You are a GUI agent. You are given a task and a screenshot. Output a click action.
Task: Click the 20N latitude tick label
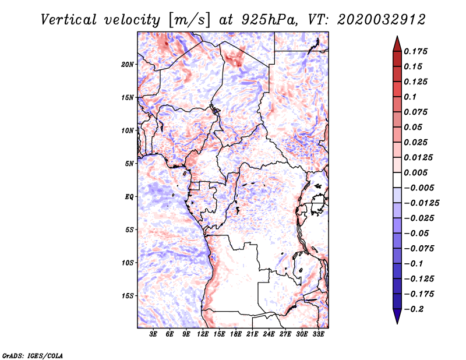coord(128,64)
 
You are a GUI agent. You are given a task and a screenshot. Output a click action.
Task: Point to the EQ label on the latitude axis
coord(129,197)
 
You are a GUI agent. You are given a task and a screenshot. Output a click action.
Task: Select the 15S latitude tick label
coord(128,296)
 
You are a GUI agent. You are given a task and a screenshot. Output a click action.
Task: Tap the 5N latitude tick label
coord(129,164)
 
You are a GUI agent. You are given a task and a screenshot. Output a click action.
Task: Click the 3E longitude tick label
coord(153,335)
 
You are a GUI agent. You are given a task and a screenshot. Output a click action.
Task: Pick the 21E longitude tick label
coord(253,335)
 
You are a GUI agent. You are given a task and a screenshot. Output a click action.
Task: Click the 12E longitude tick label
coord(203,335)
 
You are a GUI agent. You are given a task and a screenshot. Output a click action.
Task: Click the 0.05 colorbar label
coord(414,127)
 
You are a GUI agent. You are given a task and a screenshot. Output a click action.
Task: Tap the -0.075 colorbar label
coord(419,249)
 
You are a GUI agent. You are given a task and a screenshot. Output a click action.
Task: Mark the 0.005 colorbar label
coord(417,172)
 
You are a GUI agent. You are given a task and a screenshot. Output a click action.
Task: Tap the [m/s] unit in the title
coord(187,20)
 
